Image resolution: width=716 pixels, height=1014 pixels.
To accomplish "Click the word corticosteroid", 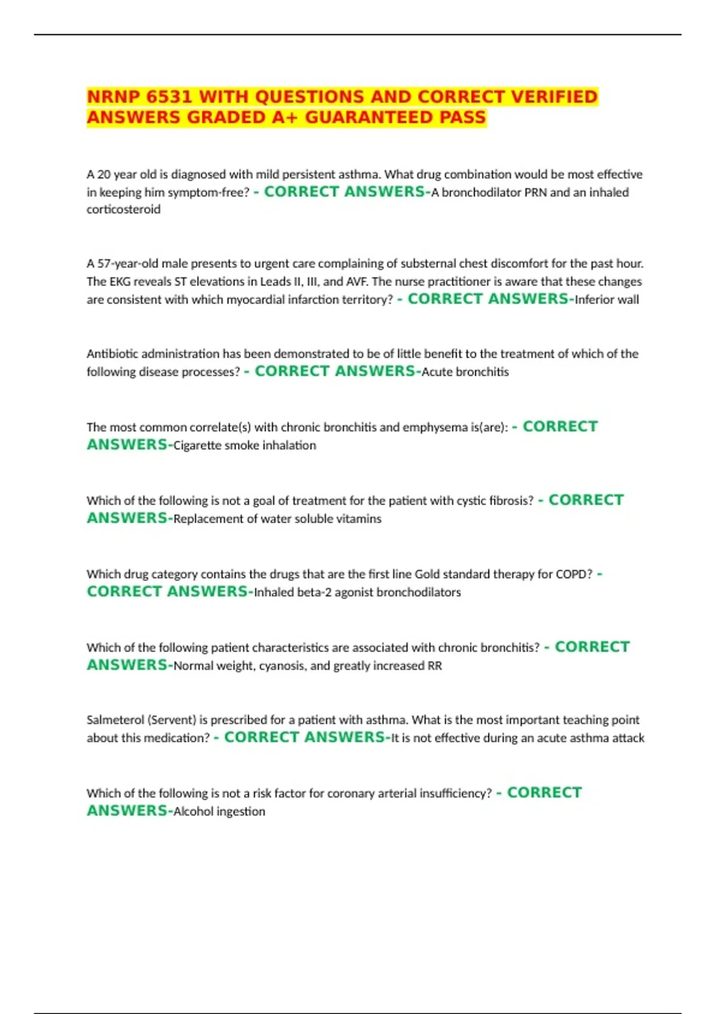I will [x=124, y=209].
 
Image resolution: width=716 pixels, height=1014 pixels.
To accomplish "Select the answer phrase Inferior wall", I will [x=606, y=299].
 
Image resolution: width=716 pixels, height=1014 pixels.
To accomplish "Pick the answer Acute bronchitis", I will [x=465, y=372].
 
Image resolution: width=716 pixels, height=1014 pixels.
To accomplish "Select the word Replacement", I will [x=208, y=519].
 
